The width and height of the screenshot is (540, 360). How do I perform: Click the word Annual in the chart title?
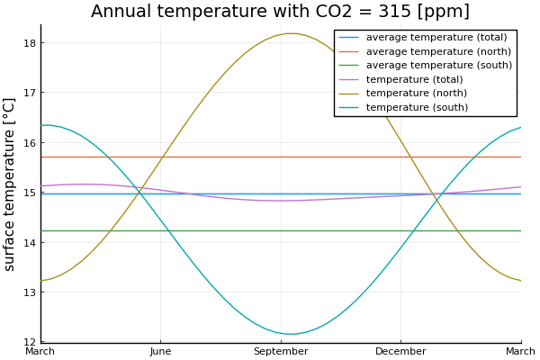pos(123,12)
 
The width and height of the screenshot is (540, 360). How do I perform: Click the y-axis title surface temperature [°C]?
pos(10,184)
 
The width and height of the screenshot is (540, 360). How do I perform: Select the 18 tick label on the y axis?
pos(29,43)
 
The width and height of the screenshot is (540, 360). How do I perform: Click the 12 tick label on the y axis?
pos(29,342)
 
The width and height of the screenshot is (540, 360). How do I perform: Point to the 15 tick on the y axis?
pos(29,193)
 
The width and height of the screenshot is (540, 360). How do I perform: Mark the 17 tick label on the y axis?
pos(29,93)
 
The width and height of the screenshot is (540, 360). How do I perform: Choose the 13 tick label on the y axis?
pos(29,292)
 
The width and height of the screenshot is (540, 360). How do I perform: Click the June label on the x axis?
pos(160,352)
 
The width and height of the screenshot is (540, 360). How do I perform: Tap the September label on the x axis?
pos(281,352)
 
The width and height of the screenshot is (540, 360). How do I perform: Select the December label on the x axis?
pos(400,352)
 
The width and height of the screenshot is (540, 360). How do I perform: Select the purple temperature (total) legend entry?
pos(414,79)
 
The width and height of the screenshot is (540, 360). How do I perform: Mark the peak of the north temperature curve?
pos(290,33)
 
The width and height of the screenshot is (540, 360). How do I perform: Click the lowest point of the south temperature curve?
pos(292,334)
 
